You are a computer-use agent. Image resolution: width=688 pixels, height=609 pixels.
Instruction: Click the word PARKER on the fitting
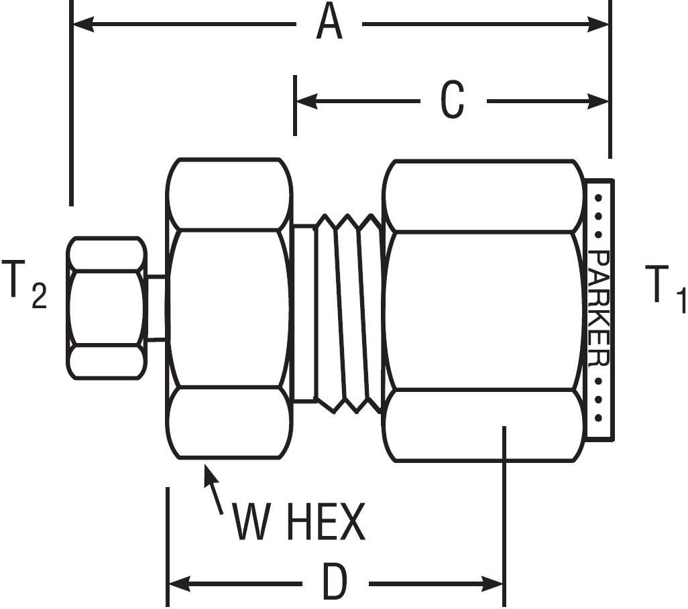coord(599,309)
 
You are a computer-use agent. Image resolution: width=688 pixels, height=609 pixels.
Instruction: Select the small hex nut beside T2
coord(106,308)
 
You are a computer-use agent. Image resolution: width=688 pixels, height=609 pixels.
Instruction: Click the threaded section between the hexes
coord(348,312)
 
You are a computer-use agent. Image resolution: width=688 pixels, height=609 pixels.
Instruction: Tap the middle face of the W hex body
coord(229,308)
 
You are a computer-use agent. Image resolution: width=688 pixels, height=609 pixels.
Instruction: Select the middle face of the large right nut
coord(481,310)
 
